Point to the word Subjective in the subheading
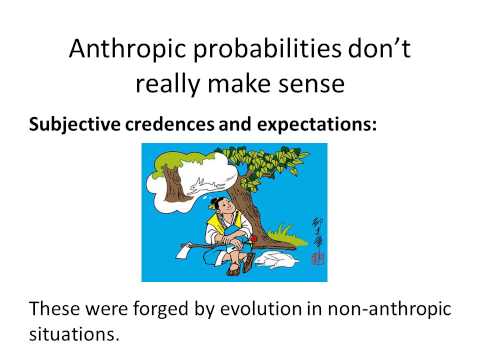[70, 128]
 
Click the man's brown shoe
[232, 271]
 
